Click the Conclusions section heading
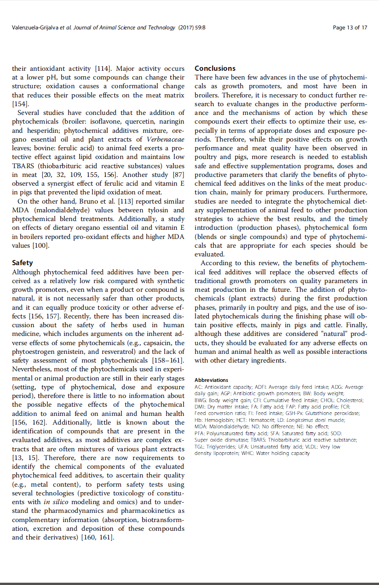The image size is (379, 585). (215, 68)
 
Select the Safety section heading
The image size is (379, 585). (22, 263)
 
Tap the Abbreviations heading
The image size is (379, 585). (211, 380)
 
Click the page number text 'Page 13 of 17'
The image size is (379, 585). (350, 28)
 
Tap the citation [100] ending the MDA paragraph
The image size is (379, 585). (40, 245)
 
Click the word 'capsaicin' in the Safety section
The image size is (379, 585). (156, 343)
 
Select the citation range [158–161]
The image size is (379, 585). (168, 360)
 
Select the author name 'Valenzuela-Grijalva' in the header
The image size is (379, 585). (34, 28)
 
